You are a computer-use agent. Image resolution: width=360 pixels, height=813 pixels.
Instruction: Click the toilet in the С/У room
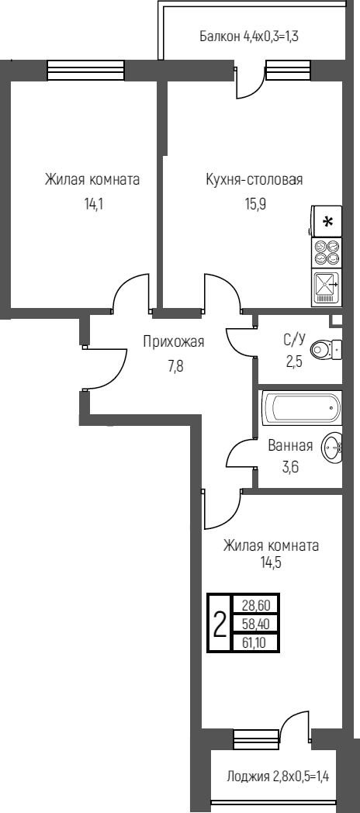pyautogui.click(x=324, y=351)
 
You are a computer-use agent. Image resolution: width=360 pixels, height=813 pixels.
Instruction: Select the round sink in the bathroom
pyautogui.click(x=332, y=447)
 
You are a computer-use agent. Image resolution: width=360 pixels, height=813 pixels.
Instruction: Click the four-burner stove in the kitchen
pyautogui.click(x=327, y=254)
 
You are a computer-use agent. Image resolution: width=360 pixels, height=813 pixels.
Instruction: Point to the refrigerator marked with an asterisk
pyautogui.click(x=327, y=222)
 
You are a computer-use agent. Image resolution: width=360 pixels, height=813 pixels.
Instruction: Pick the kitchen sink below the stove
pyautogui.click(x=326, y=289)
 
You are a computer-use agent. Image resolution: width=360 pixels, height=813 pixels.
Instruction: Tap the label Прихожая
pyautogui.click(x=174, y=341)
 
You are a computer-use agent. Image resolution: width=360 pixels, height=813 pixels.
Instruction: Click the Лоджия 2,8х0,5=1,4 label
pyautogui.click(x=278, y=776)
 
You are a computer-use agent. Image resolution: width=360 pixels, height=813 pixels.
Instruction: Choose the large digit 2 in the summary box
pyautogui.click(x=220, y=622)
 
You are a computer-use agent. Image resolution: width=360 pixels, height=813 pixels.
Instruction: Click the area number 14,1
pyautogui.click(x=92, y=206)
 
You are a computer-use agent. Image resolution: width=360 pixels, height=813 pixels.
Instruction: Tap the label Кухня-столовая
pyautogui.click(x=254, y=180)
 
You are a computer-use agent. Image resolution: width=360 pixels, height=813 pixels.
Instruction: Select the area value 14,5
pyautogui.click(x=270, y=563)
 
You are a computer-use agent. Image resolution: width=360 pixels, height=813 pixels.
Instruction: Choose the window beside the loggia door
pyautogui.click(x=255, y=739)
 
